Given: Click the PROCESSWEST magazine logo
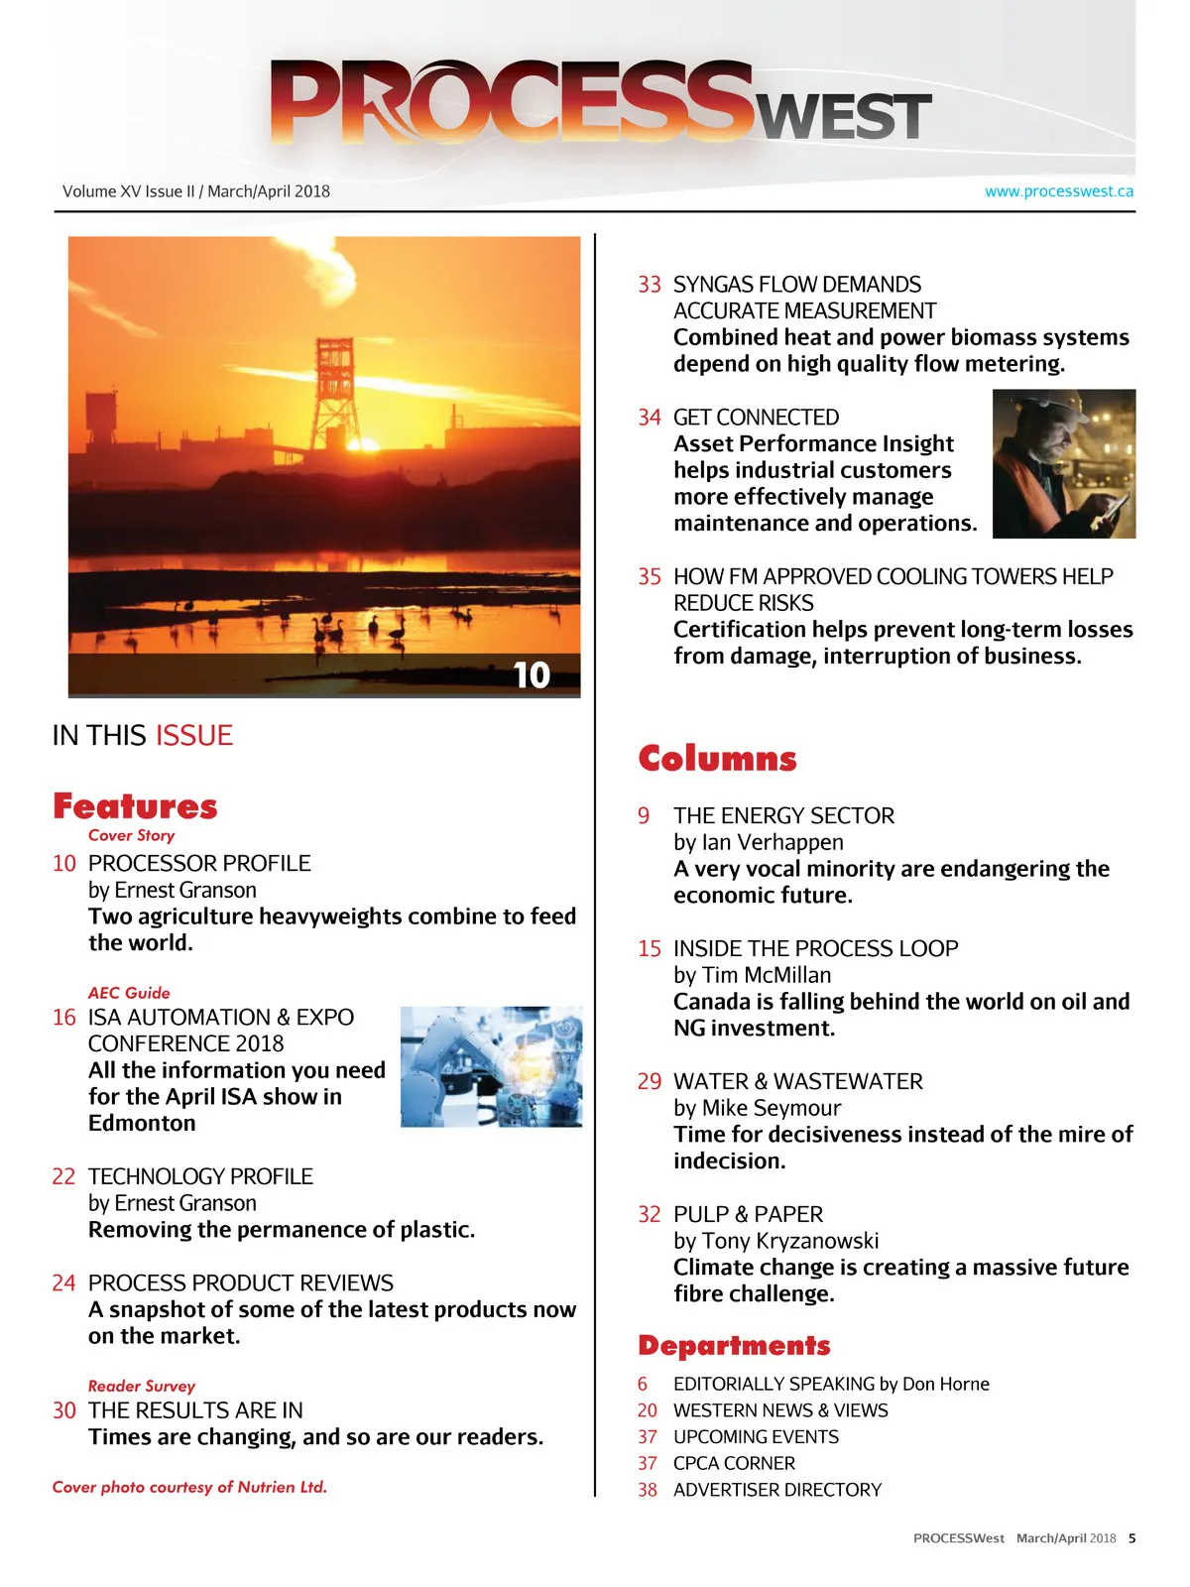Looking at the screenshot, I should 600,101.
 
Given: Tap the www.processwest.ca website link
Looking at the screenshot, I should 1058,191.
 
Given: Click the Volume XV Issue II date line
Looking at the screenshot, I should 196,191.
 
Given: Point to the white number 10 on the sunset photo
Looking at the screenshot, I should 532,675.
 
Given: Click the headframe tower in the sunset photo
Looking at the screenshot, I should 334,392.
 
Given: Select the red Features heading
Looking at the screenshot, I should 135,806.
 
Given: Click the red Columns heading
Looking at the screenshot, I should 717,759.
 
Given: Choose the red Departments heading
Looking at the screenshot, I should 734,1346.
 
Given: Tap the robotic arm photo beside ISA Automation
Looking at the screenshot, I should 491,1066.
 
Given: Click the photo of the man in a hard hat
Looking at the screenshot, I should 1063,464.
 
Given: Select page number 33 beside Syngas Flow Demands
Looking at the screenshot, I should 650,285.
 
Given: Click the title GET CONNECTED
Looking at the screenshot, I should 756,418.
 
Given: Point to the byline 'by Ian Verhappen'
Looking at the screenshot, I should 759,842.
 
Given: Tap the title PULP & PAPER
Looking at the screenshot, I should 748,1214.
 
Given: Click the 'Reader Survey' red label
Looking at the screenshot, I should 142,1386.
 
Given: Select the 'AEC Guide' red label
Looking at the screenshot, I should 129,993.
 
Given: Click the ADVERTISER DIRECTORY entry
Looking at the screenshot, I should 776,1490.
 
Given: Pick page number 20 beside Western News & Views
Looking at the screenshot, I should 648,1410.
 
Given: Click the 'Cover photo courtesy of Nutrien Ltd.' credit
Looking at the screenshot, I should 189,1487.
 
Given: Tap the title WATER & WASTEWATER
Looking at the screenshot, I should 797,1081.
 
